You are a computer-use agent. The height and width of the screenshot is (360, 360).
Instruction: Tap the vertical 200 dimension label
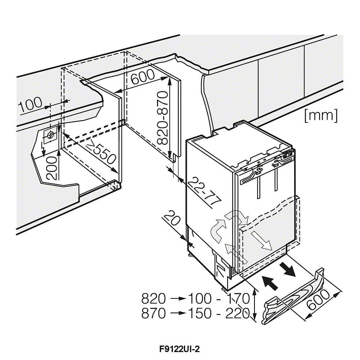click(x=52, y=168)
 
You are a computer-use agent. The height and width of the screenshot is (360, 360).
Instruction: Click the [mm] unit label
click(x=321, y=116)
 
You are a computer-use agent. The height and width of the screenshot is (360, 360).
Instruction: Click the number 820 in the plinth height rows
click(x=154, y=299)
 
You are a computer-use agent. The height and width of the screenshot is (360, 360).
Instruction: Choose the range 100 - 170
click(x=219, y=299)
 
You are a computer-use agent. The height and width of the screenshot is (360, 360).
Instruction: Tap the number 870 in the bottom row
click(x=154, y=313)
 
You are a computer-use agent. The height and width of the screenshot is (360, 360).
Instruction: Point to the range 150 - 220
click(x=219, y=313)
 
